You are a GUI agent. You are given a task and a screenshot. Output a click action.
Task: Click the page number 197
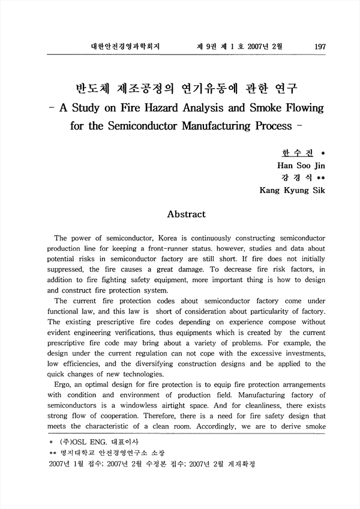click(x=320, y=46)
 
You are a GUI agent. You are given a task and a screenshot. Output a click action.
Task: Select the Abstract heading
click(x=186, y=214)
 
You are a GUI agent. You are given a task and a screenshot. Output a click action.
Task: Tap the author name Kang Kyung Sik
click(x=292, y=191)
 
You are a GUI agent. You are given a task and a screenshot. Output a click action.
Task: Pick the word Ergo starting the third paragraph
click(x=65, y=385)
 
